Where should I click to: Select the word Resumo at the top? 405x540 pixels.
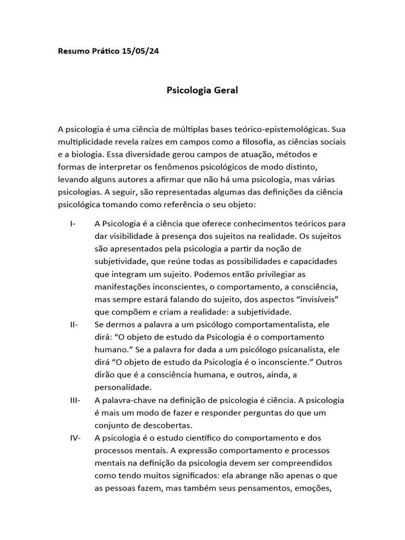73,52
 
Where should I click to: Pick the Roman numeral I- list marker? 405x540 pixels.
72,224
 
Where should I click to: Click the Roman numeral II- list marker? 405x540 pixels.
73,324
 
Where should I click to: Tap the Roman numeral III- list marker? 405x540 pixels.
74,400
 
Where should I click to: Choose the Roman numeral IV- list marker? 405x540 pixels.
74,438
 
